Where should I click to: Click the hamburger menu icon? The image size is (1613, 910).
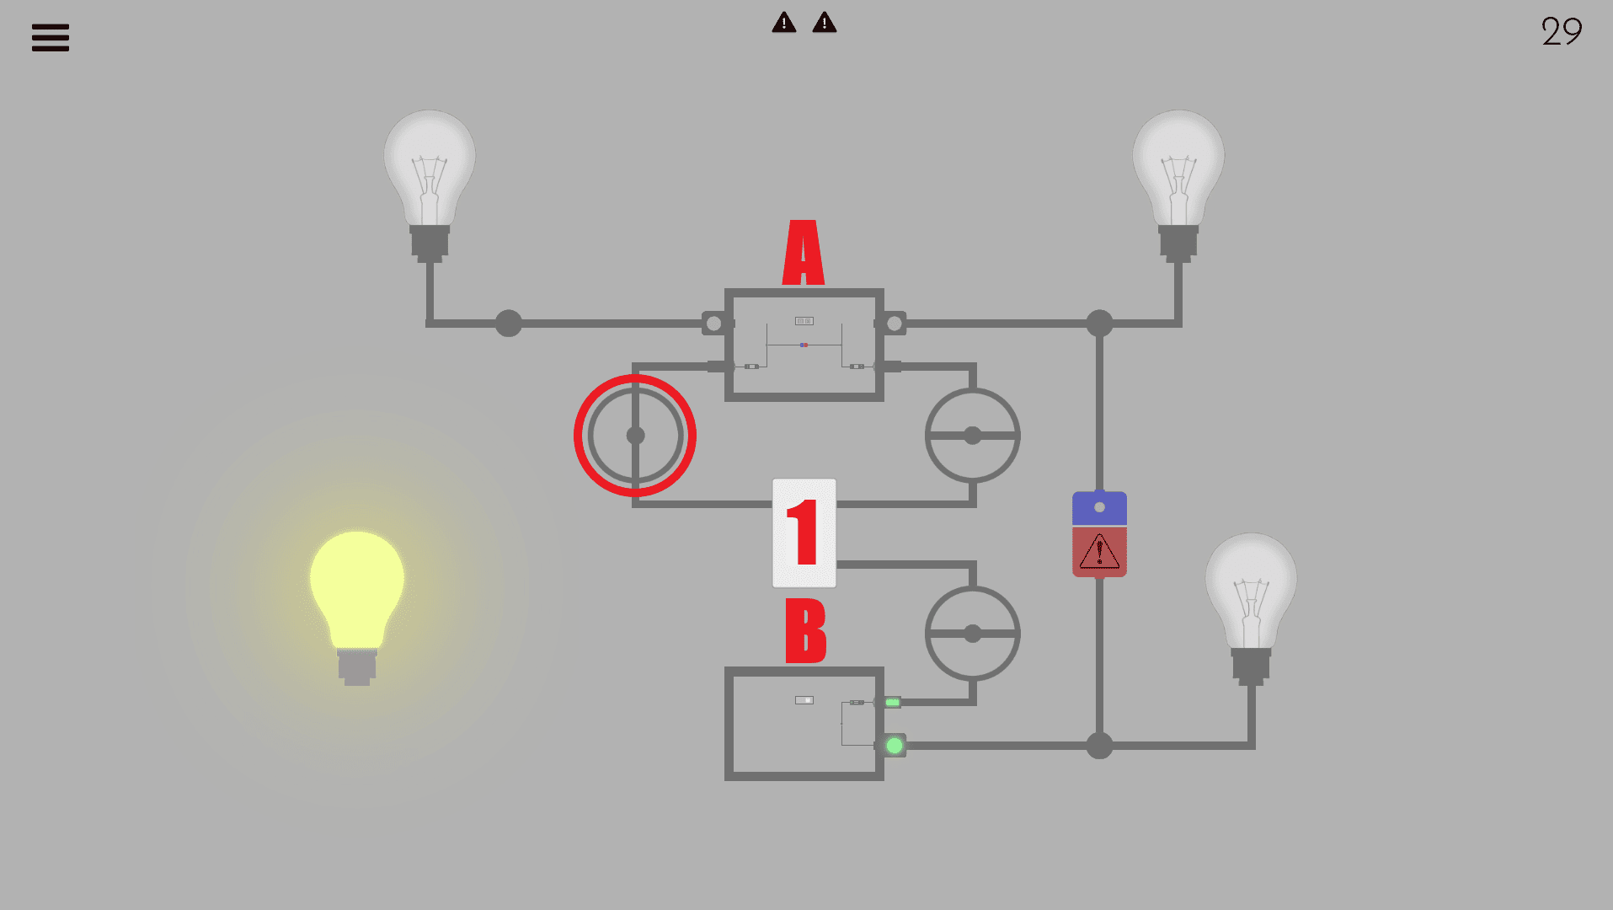[x=51, y=38]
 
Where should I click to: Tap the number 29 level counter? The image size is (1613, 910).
[x=1561, y=32]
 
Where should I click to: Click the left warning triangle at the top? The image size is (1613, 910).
[x=783, y=23]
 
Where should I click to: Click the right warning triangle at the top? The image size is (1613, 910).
[x=824, y=23]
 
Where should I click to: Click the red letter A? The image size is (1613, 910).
[x=804, y=253]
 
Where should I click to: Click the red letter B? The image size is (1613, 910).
[x=805, y=630]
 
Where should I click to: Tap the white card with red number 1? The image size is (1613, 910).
[x=804, y=533]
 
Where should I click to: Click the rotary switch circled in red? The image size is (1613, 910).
[x=635, y=436]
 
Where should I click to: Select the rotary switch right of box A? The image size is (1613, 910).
[x=973, y=436]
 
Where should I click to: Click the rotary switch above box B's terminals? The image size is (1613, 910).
[x=973, y=634]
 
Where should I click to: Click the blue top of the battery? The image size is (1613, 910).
[x=1099, y=508]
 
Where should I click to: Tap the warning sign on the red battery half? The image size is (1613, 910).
[x=1099, y=553]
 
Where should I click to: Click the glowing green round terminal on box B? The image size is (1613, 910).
[x=895, y=746]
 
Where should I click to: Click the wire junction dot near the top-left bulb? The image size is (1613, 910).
[x=509, y=324]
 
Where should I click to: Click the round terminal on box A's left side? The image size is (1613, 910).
[x=713, y=324]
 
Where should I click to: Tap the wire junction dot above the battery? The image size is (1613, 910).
[x=1099, y=324]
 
